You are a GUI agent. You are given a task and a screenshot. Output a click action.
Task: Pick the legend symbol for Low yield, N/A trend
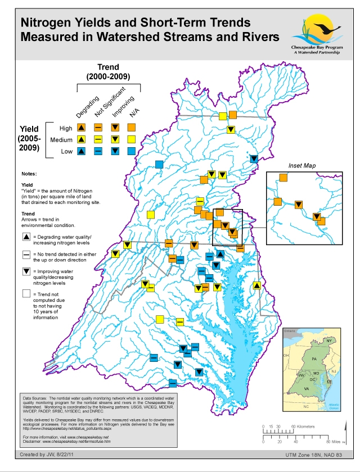pos(132,151)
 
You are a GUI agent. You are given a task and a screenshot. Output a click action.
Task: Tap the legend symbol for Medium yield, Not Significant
pos(98,139)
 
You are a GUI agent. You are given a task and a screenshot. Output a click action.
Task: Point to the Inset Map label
pos(303,166)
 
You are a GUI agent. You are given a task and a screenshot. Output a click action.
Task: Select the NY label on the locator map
pos(330,341)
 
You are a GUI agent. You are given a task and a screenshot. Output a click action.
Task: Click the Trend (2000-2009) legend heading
pos(108,71)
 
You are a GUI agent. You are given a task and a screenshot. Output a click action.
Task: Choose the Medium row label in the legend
pos(61,139)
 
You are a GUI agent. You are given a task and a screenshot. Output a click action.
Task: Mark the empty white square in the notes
pos(27,293)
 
